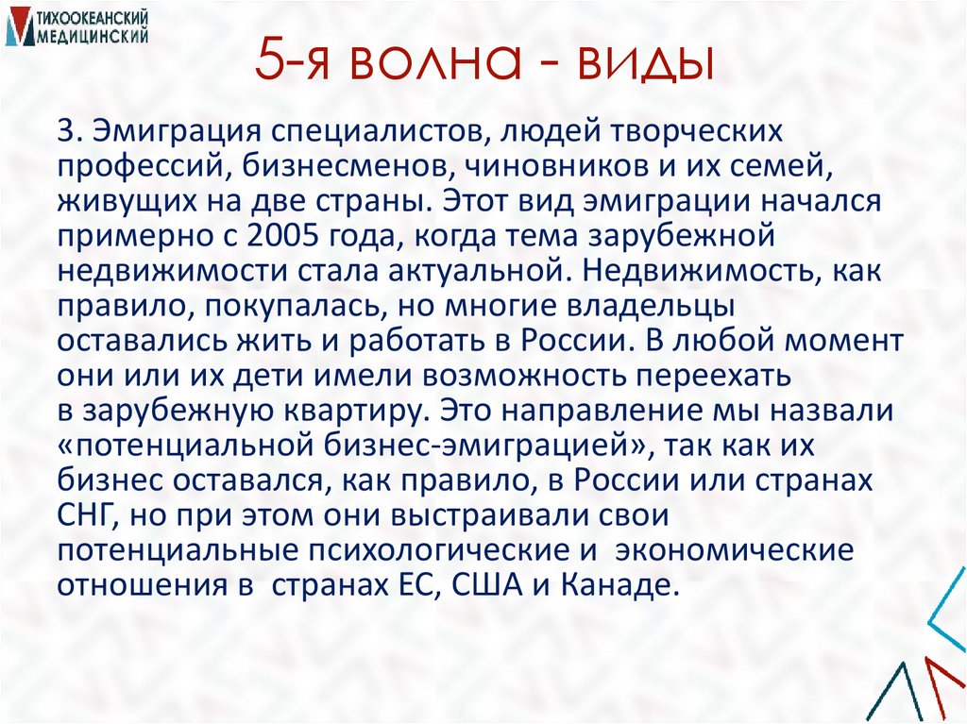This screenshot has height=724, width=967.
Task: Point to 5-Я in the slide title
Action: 295,65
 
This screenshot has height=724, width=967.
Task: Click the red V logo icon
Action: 18,25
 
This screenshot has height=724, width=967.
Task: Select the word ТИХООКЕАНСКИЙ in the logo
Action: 92,16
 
